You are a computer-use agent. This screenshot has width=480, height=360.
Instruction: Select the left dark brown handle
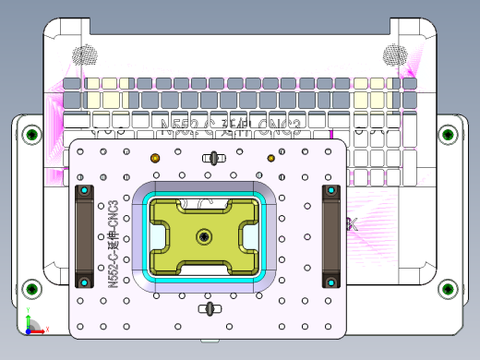(85, 236)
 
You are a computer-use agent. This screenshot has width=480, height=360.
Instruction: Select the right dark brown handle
(330, 236)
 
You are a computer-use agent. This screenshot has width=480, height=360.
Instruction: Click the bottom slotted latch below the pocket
(210, 308)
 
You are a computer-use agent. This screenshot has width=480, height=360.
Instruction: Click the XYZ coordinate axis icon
(32, 326)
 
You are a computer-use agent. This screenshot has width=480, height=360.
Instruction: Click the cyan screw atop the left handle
(85, 191)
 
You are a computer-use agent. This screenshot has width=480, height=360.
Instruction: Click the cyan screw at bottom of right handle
(330, 281)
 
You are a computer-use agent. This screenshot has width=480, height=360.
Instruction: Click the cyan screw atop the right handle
(330, 191)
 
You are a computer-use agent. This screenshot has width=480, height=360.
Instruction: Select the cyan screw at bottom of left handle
(85, 281)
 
